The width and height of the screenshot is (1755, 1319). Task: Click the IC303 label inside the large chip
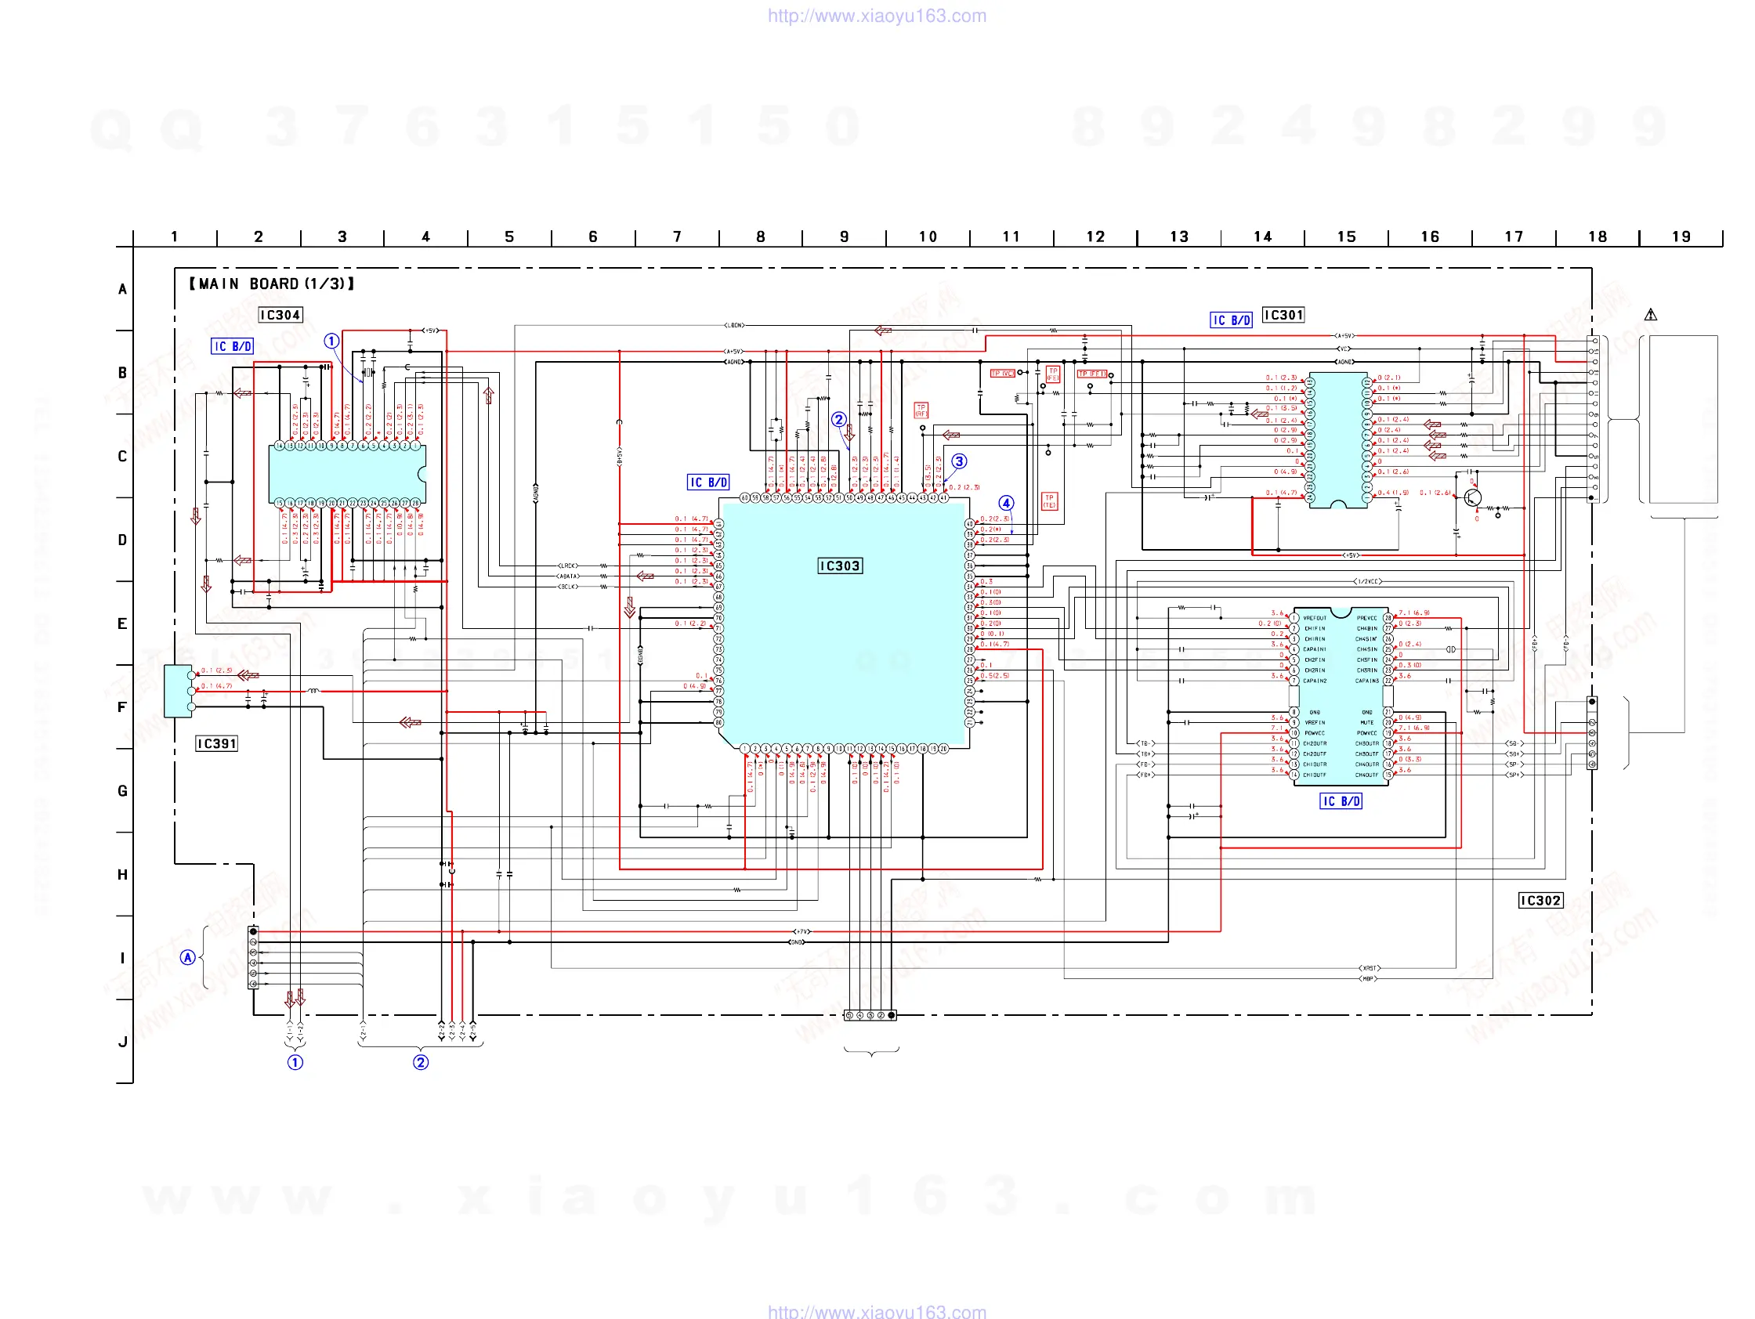coord(839,566)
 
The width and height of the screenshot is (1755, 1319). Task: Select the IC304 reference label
coord(280,315)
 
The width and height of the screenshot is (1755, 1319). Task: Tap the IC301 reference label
coord(1283,315)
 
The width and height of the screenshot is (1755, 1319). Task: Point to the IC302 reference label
coord(1540,900)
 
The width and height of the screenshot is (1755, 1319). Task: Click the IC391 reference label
coord(216,743)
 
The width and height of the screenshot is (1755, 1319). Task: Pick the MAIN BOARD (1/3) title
coord(271,284)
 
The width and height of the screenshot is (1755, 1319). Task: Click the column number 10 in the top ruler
coord(928,237)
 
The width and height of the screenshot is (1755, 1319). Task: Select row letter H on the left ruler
coord(122,874)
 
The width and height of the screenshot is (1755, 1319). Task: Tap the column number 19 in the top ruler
coord(1681,237)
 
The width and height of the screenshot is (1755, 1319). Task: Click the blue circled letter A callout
coord(187,957)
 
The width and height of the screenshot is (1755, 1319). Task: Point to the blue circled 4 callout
coord(1006,503)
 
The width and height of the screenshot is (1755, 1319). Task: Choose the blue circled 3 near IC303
coord(959,461)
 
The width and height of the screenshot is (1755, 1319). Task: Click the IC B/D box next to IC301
coord(1231,320)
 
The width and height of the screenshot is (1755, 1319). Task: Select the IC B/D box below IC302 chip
coord(1340,801)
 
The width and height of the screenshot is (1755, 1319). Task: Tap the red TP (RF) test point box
coord(921,410)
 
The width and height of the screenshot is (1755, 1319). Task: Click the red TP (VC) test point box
coord(1002,374)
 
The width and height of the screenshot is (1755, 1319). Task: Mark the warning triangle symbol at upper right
coord(1650,315)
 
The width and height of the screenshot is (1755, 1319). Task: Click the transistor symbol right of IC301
coord(1472,497)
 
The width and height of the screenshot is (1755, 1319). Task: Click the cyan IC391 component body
coord(178,691)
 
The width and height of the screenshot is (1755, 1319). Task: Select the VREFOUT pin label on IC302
coord(1314,618)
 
